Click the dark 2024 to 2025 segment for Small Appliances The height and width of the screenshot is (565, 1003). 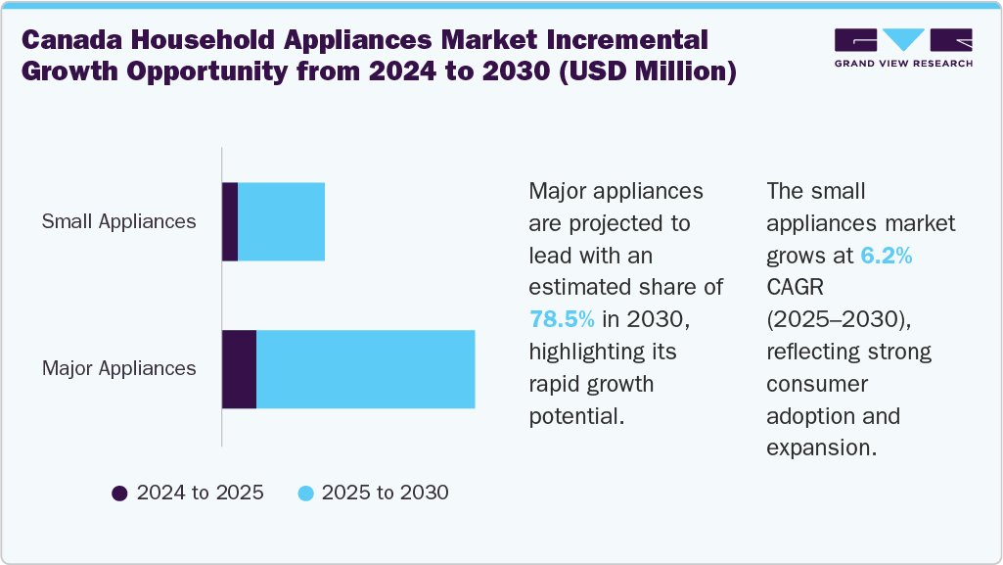coord(230,221)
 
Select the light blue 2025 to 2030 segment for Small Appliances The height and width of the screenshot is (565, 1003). coord(281,221)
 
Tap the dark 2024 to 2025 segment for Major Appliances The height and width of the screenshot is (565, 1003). coord(239,369)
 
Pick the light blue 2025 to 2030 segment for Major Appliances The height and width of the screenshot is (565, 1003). coord(365,369)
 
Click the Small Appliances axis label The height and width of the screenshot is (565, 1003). coord(118,221)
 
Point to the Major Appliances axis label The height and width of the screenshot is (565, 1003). coord(118,369)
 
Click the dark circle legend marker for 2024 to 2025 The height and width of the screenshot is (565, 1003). coord(120,493)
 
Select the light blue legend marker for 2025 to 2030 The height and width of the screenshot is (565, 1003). coord(305,493)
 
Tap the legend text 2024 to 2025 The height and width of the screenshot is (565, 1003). coord(200,493)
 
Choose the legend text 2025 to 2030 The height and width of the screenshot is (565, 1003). coord(385,493)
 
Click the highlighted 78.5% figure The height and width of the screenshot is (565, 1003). coord(562,319)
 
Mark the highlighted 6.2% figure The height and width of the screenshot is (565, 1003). coord(887,256)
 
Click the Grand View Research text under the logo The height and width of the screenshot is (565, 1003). coord(903,64)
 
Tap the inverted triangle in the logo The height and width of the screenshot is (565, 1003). coord(904,40)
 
